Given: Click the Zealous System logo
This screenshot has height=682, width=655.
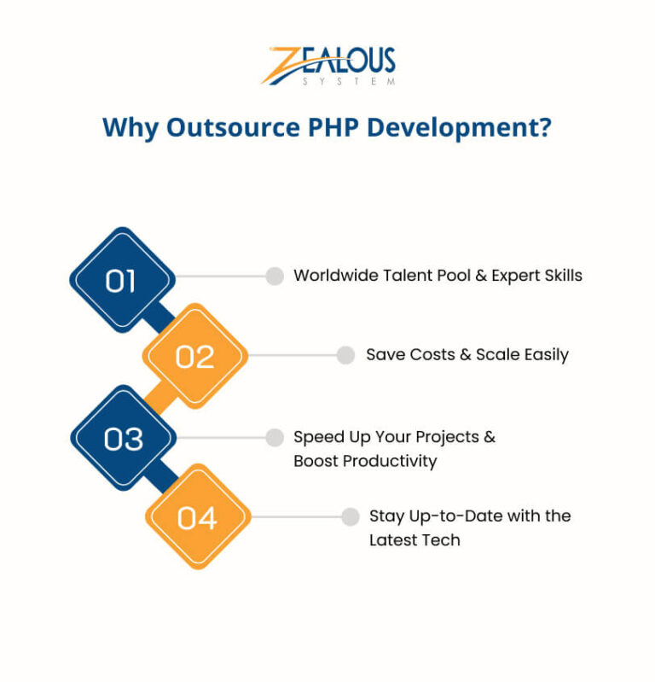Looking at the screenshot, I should pos(328,66).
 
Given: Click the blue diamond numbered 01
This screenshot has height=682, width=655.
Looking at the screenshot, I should pos(122,280).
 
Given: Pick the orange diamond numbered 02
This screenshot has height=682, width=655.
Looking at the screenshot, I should pos(194,356).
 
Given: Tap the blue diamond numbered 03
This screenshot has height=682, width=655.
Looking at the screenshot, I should pos(123,438).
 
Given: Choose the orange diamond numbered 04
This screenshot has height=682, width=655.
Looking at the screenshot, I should pos(197,516).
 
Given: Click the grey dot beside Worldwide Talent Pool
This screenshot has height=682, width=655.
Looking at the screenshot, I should pos(275,276).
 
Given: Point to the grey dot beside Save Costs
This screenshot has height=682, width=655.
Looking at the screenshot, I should pos(345,355).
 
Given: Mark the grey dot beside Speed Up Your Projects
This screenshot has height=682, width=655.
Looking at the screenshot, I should pos(275,437).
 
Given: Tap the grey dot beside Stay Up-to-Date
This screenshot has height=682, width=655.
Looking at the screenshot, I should pos(351,516).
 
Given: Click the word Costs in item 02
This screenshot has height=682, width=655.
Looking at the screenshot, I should pos(432,355).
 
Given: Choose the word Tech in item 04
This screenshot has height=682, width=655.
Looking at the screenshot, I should pos(441,540).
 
